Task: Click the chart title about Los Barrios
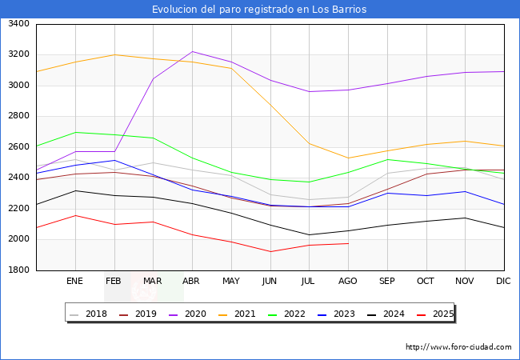click(260, 10)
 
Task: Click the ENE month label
click(75, 281)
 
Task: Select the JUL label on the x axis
click(309, 281)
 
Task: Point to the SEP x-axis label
click(387, 281)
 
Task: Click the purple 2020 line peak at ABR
click(192, 51)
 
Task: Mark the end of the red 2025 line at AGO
click(348, 243)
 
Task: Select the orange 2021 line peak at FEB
click(114, 54)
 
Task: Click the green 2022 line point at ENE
click(75, 132)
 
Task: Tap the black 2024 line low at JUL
click(309, 234)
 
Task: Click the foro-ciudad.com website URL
click(458, 347)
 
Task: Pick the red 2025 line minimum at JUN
click(270, 251)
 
